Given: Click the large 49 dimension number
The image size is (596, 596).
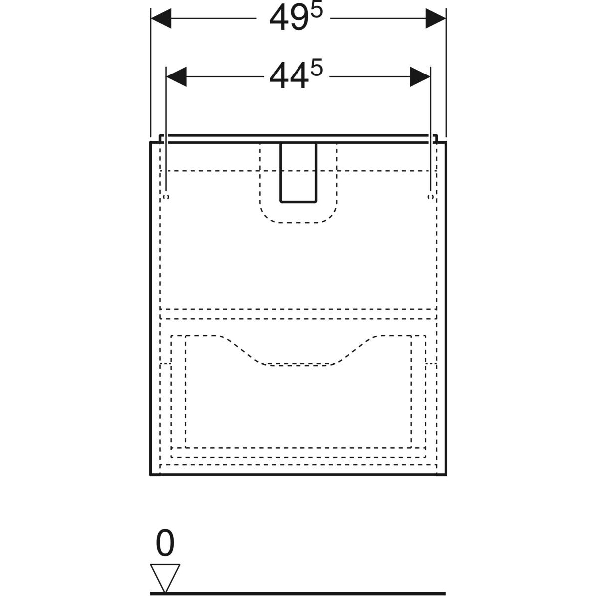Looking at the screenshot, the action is pyautogui.click(x=290, y=18).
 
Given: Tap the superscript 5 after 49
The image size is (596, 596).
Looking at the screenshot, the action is pyautogui.click(x=317, y=11).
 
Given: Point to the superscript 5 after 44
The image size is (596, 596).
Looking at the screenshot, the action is pyautogui.click(x=317, y=69).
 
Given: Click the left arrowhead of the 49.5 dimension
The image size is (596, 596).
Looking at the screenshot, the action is pyautogui.click(x=161, y=18).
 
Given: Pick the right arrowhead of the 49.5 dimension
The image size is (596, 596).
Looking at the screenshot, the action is pyautogui.click(x=436, y=18).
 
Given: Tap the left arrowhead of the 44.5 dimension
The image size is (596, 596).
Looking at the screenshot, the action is pyautogui.click(x=176, y=76).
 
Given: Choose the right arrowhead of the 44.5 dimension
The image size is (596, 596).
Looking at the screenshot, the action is pyautogui.click(x=420, y=76).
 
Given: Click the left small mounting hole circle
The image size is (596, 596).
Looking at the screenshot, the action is pyautogui.click(x=166, y=197).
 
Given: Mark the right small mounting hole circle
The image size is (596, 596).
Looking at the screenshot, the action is pyautogui.click(x=430, y=197).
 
